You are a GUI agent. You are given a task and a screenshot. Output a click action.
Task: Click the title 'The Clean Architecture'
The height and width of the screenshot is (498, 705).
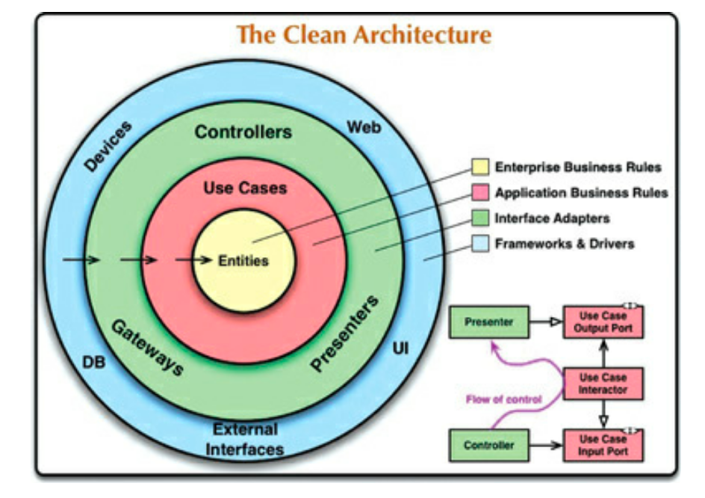click(x=364, y=34)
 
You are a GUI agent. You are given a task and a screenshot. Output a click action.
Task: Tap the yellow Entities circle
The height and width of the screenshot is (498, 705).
click(x=243, y=261)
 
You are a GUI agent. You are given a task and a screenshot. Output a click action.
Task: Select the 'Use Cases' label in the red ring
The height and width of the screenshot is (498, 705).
click(x=245, y=188)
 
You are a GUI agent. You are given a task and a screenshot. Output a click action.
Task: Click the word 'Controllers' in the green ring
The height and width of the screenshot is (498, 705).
click(x=243, y=132)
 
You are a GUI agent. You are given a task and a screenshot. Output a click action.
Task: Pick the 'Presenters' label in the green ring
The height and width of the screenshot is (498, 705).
click(x=344, y=333)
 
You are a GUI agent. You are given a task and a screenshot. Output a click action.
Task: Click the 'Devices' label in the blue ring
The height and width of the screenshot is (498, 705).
click(x=107, y=146)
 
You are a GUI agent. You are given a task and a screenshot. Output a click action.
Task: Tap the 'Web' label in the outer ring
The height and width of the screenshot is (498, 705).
click(x=364, y=127)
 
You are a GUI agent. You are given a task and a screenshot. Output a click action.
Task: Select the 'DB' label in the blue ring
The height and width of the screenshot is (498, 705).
click(x=94, y=363)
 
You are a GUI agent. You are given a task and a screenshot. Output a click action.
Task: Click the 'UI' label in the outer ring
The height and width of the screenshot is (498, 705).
click(x=400, y=348)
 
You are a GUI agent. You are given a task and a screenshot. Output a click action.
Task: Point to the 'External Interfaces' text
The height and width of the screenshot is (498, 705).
click(x=247, y=440)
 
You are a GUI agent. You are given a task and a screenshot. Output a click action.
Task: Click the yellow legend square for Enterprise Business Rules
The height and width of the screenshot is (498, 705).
click(x=481, y=167)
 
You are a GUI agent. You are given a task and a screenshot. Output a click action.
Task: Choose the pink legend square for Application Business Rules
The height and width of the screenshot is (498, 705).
click(x=481, y=193)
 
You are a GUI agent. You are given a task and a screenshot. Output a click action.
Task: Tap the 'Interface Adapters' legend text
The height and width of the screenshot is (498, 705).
click(x=552, y=218)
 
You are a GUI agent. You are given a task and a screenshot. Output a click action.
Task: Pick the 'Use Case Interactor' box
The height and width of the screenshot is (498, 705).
click(x=603, y=384)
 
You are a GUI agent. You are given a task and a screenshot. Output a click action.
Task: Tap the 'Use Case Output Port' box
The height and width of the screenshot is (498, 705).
click(x=603, y=322)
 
